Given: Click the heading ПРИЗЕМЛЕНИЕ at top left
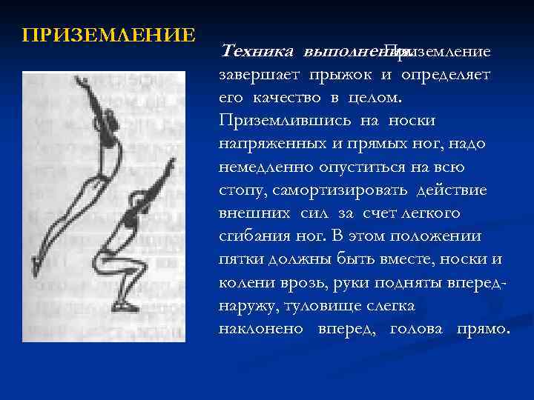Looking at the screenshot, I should tap(108, 36).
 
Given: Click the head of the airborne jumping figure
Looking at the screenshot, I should tap(106, 119).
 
